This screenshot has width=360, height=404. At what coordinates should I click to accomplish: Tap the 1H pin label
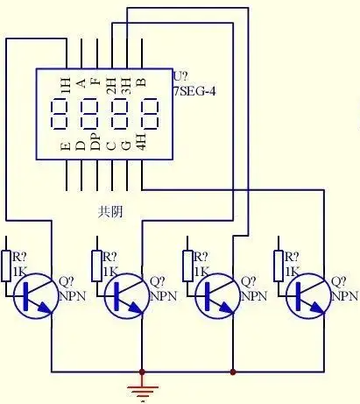pyautogui.click(x=66, y=85)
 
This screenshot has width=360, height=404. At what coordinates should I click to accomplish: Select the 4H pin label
pyautogui.click(x=141, y=142)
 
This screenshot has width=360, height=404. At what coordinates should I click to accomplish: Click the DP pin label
pyautogui.click(x=95, y=142)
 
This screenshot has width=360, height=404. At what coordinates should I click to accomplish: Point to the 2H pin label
pyautogui.click(x=111, y=85)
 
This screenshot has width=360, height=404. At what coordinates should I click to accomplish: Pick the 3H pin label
pyautogui.click(x=126, y=85)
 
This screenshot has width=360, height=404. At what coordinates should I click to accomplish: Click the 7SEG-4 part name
pyautogui.click(x=194, y=91)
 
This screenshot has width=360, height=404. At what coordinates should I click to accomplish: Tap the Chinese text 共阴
pyautogui.click(x=110, y=211)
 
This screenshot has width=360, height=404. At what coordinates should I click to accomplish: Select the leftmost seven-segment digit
pyautogui.click(x=60, y=114)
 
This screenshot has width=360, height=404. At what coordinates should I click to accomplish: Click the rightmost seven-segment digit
pyautogui.click(x=150, y=114)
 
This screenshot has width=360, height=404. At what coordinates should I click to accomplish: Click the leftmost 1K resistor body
pyautogui.click(x=6, y=266)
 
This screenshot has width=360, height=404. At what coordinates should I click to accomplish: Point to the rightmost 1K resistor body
pyautogui.click(x=279, y=266)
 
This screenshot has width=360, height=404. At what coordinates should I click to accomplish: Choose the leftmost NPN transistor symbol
pyautogui.click(x=36, y=295)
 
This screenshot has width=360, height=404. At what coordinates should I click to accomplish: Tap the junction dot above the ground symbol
pyautogui.click(x=142, y=372)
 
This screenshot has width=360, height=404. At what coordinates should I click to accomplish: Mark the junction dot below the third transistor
pyautogui.click(x=233, y=372)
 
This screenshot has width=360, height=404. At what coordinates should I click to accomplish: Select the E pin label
pyautogui.click(x=66, y=146)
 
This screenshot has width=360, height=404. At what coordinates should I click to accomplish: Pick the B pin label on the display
pyautogui.click(x=141, y=82)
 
